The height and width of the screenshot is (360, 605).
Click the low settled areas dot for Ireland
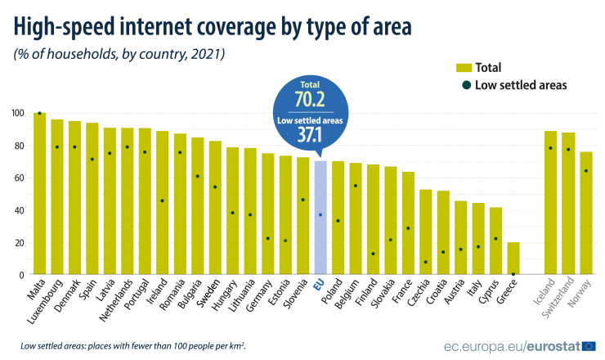pyautogui.click(x=163, y=200)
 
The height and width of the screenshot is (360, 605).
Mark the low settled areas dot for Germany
pyautogui.click(x=267, y=238)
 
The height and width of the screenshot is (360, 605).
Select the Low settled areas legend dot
pyautogui.click(x=464, y=84)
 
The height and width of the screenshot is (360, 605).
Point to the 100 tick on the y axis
pyautogui.click(x=17, y=113)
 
